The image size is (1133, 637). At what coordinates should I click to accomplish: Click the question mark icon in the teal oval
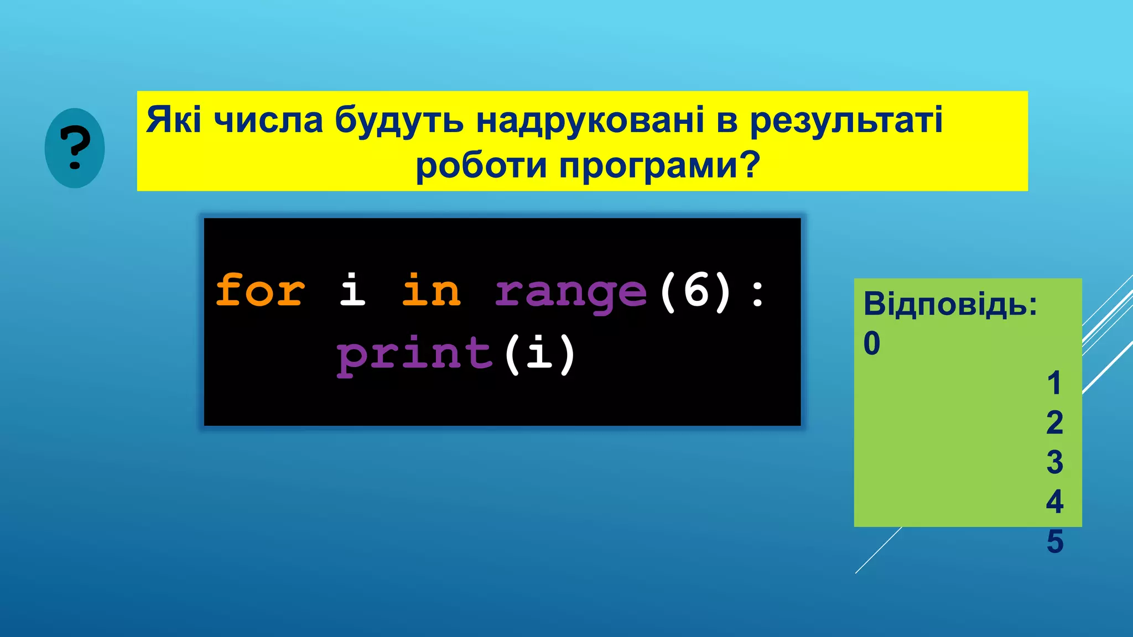coord(75,148)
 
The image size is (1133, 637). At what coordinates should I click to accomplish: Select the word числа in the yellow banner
coord(268,120)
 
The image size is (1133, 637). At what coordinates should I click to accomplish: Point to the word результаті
coord(846,120)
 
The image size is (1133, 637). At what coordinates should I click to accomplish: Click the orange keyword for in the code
coord(259,291)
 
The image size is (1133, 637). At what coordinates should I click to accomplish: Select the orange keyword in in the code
coord(431,291)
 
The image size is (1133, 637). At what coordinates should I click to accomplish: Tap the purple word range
coord(570,293)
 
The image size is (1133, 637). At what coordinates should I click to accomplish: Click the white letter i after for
coord(352,290)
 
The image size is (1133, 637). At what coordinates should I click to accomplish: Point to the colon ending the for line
coord(758,294)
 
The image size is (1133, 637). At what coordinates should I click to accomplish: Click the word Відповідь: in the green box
coord(950,304)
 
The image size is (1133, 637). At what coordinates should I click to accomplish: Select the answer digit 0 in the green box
coord(872,343)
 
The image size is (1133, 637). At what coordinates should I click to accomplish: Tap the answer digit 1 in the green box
coord(1054,383)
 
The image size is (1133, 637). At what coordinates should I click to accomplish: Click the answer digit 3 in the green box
coord(1054,462)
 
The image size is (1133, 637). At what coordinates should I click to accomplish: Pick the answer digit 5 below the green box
coord(1054,541)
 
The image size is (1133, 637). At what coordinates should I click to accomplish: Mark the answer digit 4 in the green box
coord(1054,502)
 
